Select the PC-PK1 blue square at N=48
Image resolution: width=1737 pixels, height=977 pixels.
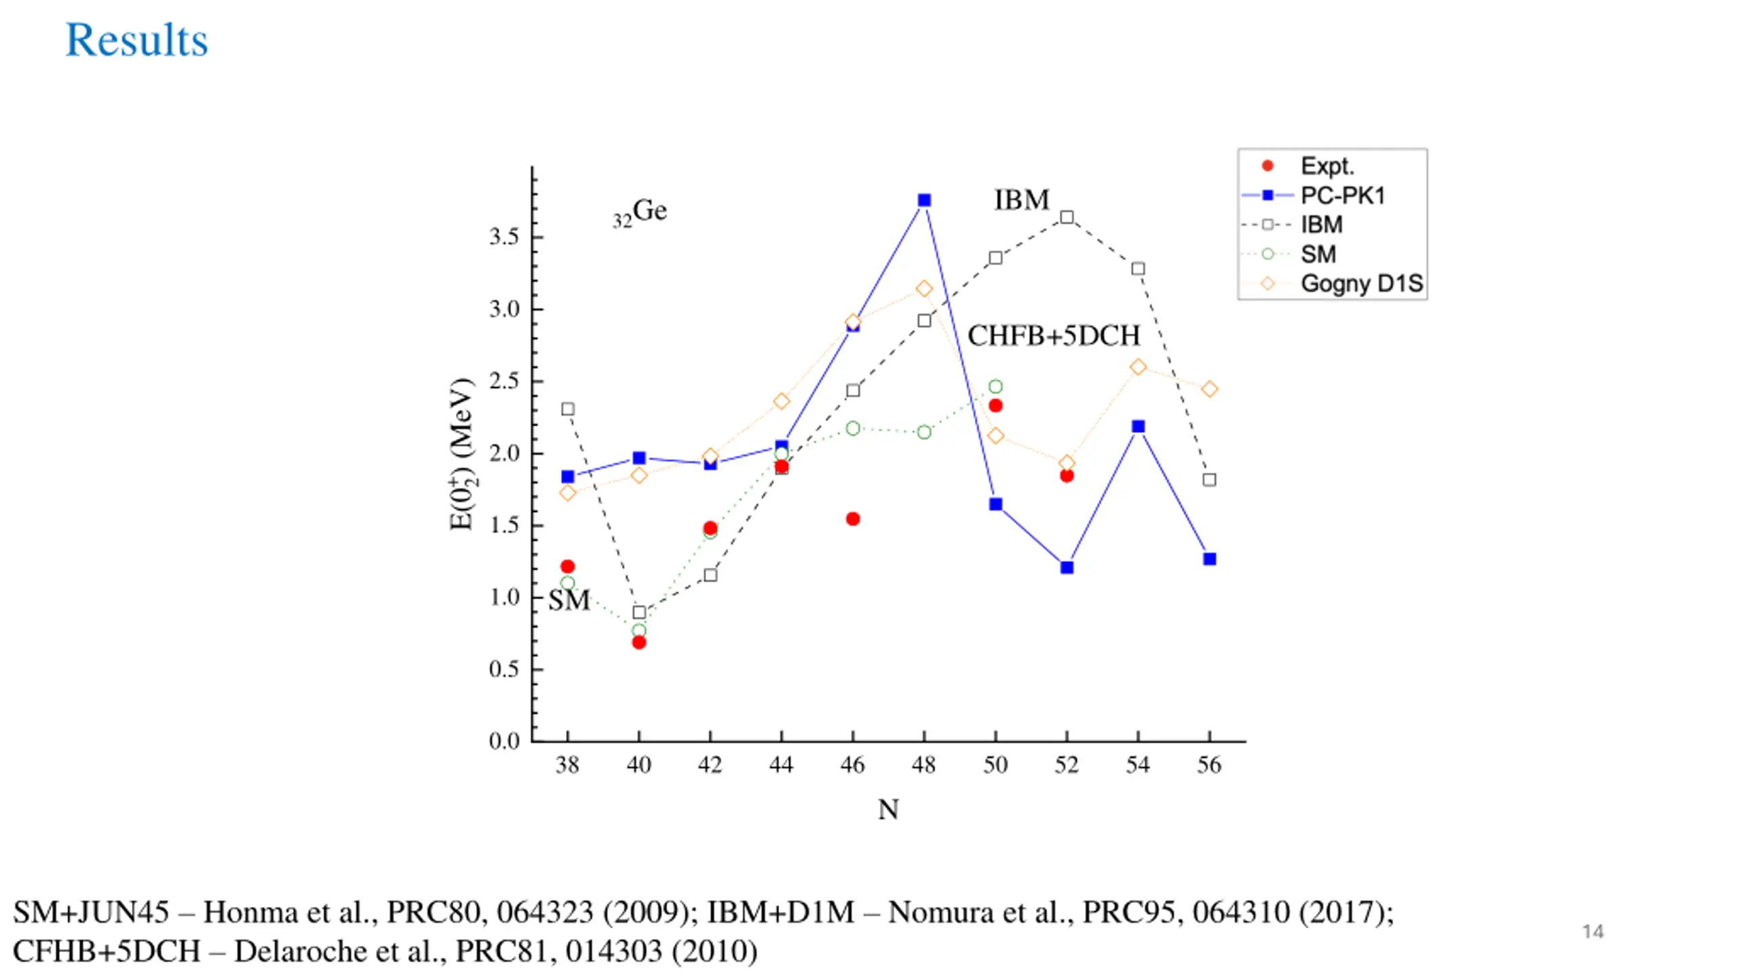point(923,200)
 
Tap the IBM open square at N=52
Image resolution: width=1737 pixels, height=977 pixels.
point(1067,217)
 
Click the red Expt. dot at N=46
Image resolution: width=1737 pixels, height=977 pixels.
point(853,519)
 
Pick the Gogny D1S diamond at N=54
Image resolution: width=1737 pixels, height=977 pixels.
point(1138,367)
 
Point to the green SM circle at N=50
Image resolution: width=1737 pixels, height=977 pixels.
point(995,387)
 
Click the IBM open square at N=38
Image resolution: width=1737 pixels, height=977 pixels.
point(568,409)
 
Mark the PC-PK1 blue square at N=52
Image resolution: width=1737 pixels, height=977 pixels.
point(1067,567)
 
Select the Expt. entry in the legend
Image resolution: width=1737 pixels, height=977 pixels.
point(1326,166)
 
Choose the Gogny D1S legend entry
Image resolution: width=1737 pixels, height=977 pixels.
point(1361,284)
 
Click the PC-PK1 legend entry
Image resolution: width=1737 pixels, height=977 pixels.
point(1342,196)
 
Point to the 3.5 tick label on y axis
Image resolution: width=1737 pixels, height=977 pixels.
point(504,237)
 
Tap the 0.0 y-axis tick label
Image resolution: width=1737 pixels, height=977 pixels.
point(504,741)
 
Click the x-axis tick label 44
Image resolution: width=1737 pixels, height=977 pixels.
point(781,765)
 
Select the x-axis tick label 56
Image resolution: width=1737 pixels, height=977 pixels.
point(1209,765)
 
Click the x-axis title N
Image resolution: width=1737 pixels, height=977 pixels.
point(888,809)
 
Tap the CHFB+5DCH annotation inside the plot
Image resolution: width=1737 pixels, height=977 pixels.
point(1054,336)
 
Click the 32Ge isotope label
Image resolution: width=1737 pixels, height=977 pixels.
point(641,212)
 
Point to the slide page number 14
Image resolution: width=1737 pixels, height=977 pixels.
point(1592,932)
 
